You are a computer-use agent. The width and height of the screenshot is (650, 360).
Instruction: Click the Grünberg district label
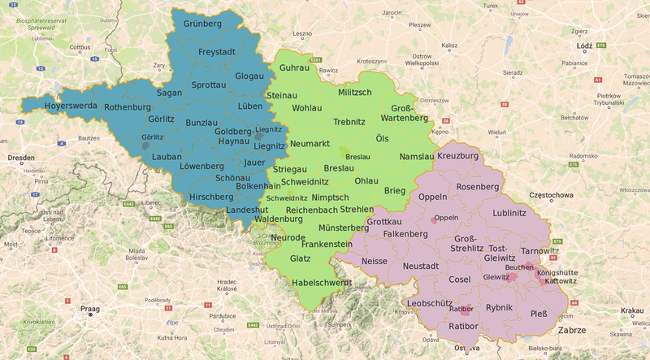(x=202, y=24)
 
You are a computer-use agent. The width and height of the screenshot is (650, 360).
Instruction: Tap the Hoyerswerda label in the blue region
(x=48, y=106)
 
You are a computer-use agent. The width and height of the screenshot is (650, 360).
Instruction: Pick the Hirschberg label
(x=210, y=197)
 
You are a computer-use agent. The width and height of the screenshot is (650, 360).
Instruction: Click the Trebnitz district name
(x=350, y=123)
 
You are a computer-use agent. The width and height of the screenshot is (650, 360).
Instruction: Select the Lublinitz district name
(x=509, y=213)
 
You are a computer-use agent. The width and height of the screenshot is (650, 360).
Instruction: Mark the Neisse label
(x=375, y=262)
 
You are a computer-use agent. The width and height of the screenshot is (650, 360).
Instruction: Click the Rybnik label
(x=499, y=307)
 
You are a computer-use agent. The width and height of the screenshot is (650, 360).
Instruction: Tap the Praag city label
(x=89, y=310)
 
